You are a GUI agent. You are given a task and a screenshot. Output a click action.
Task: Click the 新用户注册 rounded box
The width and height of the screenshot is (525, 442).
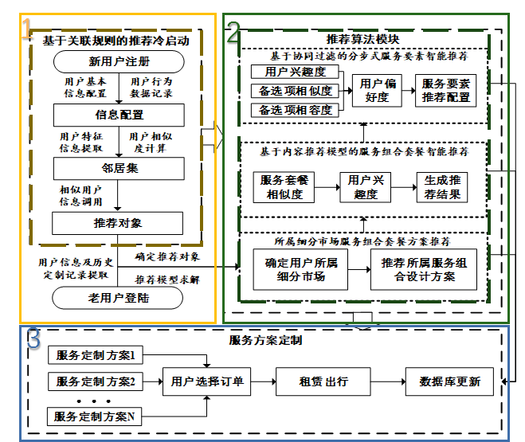pyautogui.click(x=119, y=62)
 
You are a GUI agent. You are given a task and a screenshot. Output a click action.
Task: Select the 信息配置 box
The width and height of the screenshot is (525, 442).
pyautogui.click(x=119, y=115)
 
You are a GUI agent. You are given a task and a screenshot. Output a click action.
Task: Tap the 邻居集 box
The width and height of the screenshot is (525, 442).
pyautogui.click(x=119, y=168)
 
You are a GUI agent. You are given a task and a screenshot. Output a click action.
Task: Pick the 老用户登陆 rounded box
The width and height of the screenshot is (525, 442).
pyautogui.click(x=119, y=299)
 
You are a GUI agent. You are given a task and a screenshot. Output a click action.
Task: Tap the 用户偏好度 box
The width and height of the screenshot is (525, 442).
pyautogui.click(x=376, y=91)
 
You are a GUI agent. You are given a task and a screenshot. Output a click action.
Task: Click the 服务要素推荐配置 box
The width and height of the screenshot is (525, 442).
pyautogui.click(x=445, y=91)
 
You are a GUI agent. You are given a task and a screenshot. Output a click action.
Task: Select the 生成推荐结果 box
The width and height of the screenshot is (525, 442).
pyautogui.click(x=441, y=187)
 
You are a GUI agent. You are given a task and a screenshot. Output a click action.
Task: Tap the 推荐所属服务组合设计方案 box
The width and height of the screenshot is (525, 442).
pyautogui.click(x=423, y=271)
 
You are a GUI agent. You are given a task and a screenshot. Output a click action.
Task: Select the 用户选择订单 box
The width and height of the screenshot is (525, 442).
pyautogui.click(x=207, y=381)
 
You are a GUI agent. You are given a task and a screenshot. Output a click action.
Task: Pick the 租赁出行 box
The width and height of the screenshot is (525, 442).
pyautogui.click(x=323, y=381)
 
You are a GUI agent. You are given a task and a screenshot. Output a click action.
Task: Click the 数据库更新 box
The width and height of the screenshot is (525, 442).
pyautogui.click(x=450, y=381)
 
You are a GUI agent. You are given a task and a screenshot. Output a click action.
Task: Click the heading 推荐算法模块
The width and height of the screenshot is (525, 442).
pyautogui.click(x=362, y=39)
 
